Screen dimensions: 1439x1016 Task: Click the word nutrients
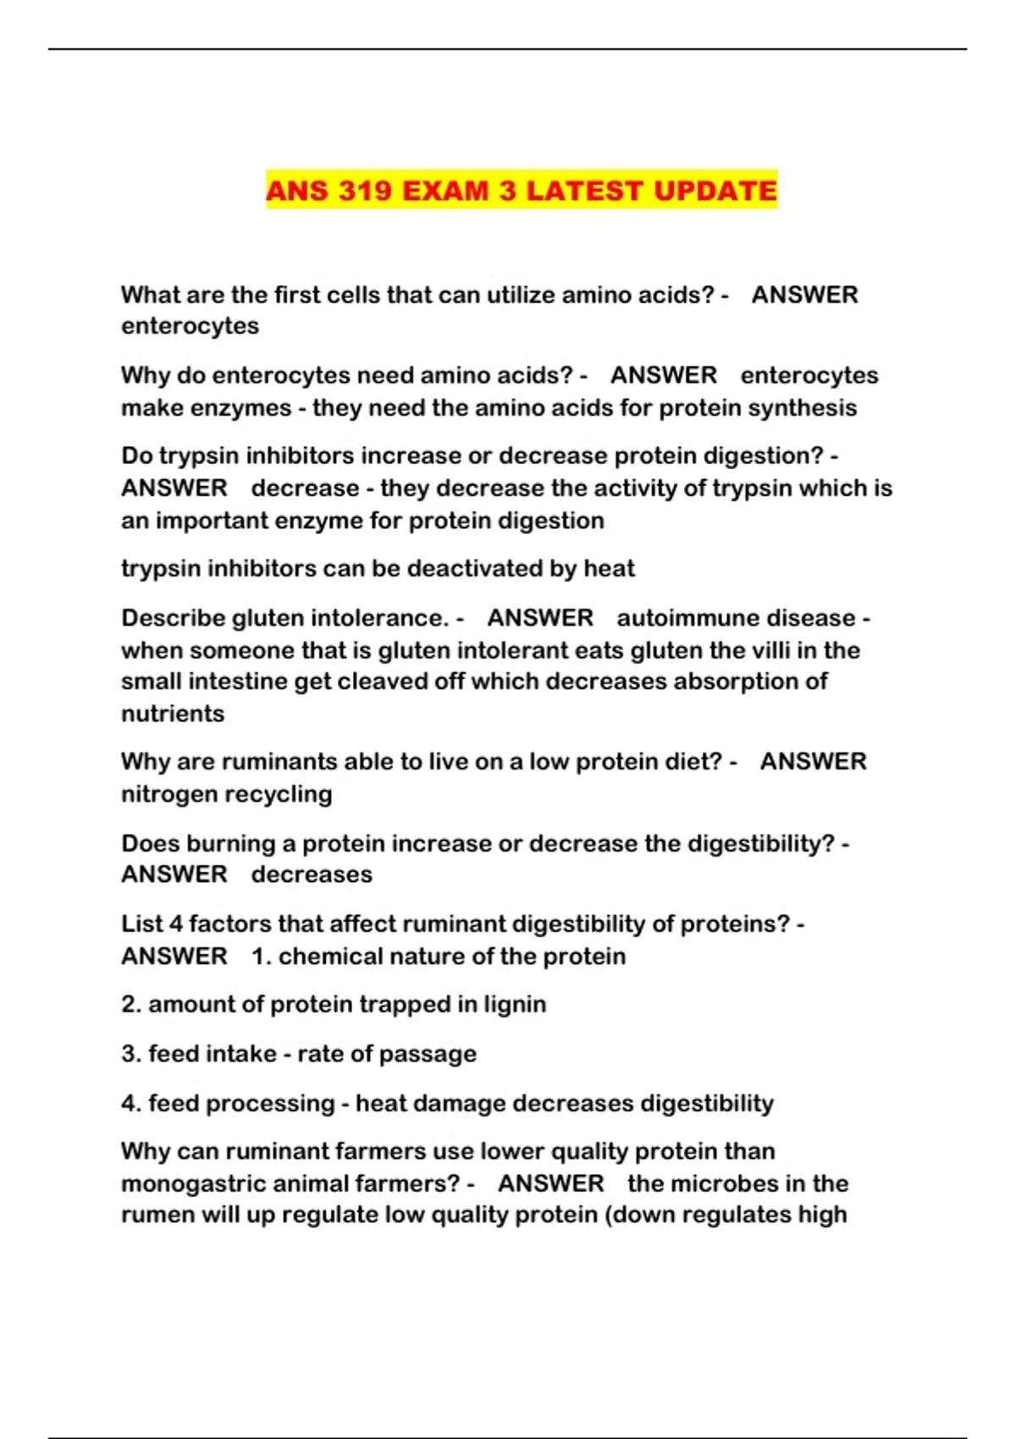click(173, 714)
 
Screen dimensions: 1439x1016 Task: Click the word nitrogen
click(163, 795)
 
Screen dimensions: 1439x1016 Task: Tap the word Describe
click(173, 618)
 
